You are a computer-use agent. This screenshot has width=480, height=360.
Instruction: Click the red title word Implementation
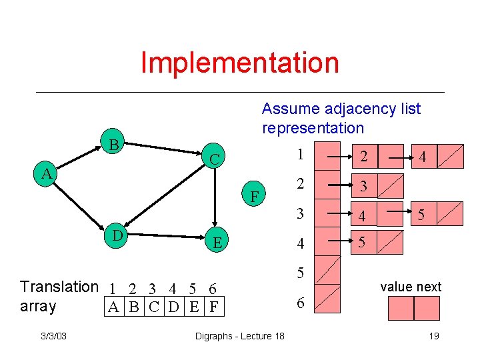point(240,63)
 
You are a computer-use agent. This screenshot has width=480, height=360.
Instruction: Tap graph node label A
point(45,174)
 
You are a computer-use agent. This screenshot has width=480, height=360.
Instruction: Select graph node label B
point(114,145)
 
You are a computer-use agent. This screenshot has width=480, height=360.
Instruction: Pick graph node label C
point(214,159)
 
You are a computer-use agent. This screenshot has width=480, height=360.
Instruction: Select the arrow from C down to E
point(214,200)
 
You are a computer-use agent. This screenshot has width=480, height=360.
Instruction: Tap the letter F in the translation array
point(213,307)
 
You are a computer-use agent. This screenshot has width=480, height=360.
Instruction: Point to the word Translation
point(59,287)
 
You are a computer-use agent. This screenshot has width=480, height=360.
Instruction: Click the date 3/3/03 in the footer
point(52,336)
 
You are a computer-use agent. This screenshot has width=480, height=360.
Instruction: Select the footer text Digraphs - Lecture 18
point(239,336)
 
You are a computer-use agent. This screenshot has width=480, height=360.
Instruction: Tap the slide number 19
point(433,336)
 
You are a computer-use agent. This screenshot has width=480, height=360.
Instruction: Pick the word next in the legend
point(429,287)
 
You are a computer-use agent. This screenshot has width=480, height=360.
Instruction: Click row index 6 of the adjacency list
point(301,303)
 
